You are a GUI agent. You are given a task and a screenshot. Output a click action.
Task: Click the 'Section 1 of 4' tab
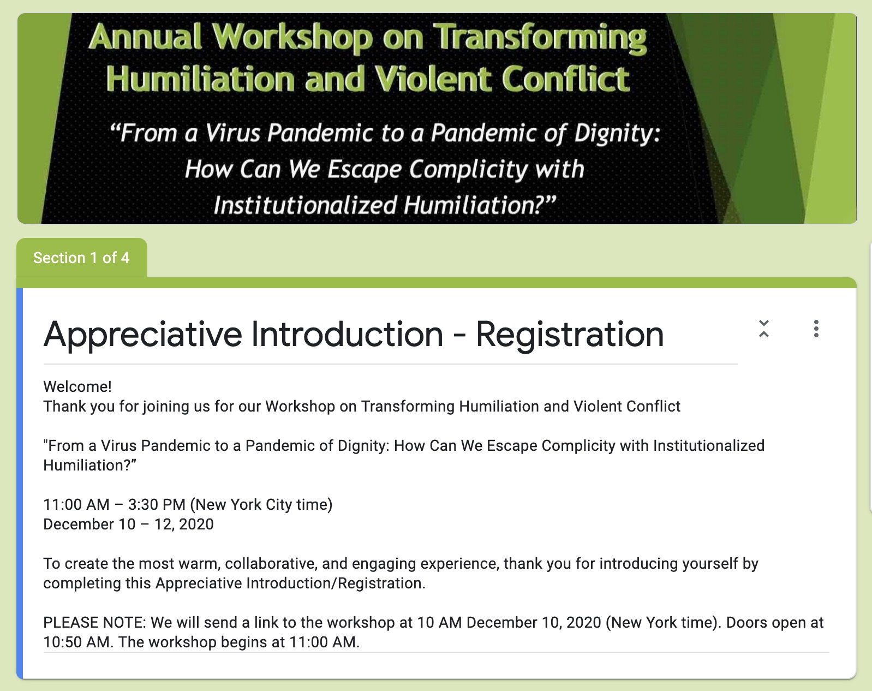(81, 258)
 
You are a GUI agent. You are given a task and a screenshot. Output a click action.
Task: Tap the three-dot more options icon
(816, 329)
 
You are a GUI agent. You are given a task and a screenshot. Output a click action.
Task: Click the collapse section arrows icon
(764, 329)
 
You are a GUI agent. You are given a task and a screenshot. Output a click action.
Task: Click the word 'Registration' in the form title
(569, 335)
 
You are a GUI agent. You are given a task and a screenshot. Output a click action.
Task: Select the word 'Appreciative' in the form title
(142, 335)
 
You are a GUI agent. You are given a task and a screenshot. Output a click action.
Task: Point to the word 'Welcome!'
(77, 386)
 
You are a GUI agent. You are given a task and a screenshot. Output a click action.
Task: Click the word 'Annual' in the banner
(145, 37)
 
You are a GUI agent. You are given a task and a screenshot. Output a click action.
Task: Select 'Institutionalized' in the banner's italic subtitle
(305, 205)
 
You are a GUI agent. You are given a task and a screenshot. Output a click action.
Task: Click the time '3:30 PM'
(157, 504)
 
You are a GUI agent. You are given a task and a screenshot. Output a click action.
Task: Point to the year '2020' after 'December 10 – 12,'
(196, 525)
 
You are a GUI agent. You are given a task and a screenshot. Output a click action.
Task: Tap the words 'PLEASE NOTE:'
(94, 623)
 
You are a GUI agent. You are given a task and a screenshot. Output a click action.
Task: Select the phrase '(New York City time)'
(261, 505)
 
